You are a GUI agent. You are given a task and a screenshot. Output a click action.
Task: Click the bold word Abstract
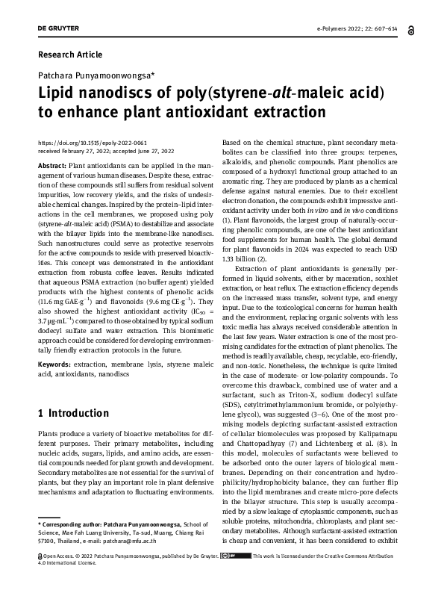51,164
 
